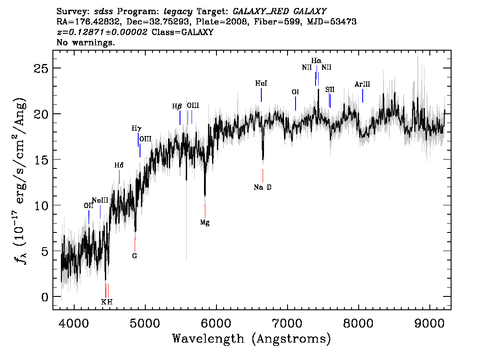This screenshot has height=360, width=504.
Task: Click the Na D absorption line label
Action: pyautogui.click(x=263, y=187)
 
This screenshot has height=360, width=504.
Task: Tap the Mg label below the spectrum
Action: pyautogui.click(x=205, y=222)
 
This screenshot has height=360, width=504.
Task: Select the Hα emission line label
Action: pyautogui.click(x=316, y=60)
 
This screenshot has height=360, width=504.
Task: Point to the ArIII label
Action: pyautogui.click(x=362, y=84)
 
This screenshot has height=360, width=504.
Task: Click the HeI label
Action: pyautogui.click(x=261, y=83)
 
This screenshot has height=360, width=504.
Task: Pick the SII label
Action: pyautogui.click(x=330, y=89)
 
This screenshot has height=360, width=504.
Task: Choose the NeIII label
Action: pyautogui.click(x=100, y=200)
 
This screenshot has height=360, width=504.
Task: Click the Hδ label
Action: pyautogui.click(x=119, y=165)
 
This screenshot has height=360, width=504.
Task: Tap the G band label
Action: pyautogui.click(x=135, y=256)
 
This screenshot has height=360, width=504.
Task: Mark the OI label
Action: pyautogui.click(x=295, y=92)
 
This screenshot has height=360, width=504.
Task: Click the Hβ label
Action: pyautogui.click(x=177, y=106)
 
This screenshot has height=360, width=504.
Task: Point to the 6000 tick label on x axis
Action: pyautogui.click(x=216, y=323)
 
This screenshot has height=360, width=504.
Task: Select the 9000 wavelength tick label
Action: pyautogui.click(x=429, y=323)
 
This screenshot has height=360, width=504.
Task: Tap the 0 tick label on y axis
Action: pyautogui.click(x=45, y=297)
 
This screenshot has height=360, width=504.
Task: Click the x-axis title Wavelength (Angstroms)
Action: pyautogui.click(x=252, y=339)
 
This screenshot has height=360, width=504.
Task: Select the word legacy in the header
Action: pyautogui.click(x=178, y=12)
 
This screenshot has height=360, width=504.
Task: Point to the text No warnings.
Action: pyautogui.click(x=85, y=42)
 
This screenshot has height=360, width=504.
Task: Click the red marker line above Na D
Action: pyautogui.click(x=263, y=176)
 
